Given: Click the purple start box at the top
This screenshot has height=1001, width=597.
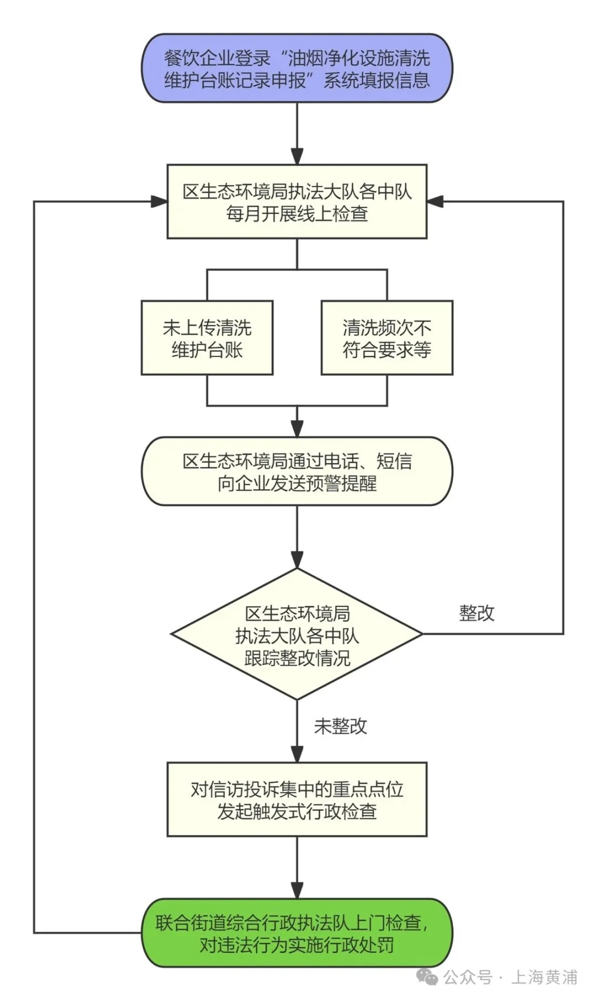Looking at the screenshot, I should click(x=297, y=69).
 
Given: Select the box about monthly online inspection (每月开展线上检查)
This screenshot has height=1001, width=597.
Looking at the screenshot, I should click(x=297, y=202).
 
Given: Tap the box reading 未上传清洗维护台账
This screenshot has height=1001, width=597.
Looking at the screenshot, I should click(x=207, y=338).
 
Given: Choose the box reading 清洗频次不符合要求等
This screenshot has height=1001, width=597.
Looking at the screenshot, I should click(x=387, y=338).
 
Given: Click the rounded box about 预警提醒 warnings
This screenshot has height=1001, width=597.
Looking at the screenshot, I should click(x=297, y=471).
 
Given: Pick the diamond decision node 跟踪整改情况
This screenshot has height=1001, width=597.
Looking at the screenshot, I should click(x=297, y=634).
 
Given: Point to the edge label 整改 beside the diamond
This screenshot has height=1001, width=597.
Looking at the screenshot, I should click(x=476, y=613).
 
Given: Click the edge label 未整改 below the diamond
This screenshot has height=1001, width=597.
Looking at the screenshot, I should click(x=341, y=726).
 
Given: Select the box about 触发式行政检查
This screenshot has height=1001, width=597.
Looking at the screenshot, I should click(x=297, y=799).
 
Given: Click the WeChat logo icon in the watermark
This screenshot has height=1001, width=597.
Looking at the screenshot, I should click(x=427, y=977).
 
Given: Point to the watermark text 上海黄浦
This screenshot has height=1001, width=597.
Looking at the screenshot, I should click(x=544, y=977).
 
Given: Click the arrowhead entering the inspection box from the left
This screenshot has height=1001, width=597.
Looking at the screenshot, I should click(x=160, y=202).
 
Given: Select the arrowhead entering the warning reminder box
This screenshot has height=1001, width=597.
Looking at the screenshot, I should click(x=297, y=429).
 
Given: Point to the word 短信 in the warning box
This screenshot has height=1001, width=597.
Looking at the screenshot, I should click(x=394, y=461).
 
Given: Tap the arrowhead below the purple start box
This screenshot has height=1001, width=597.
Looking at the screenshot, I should click(x=297, y=156).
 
